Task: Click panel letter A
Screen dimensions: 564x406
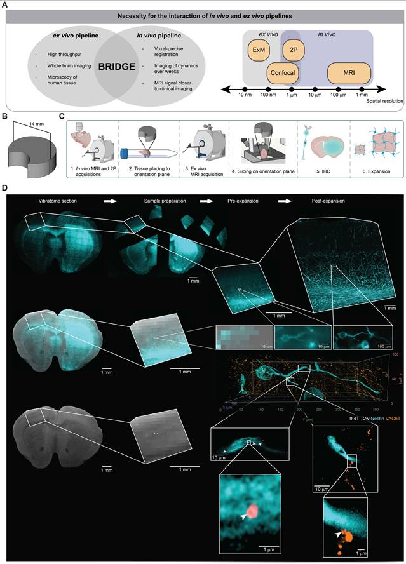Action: point(6,6)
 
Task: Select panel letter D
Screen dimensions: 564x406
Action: point(6,188)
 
